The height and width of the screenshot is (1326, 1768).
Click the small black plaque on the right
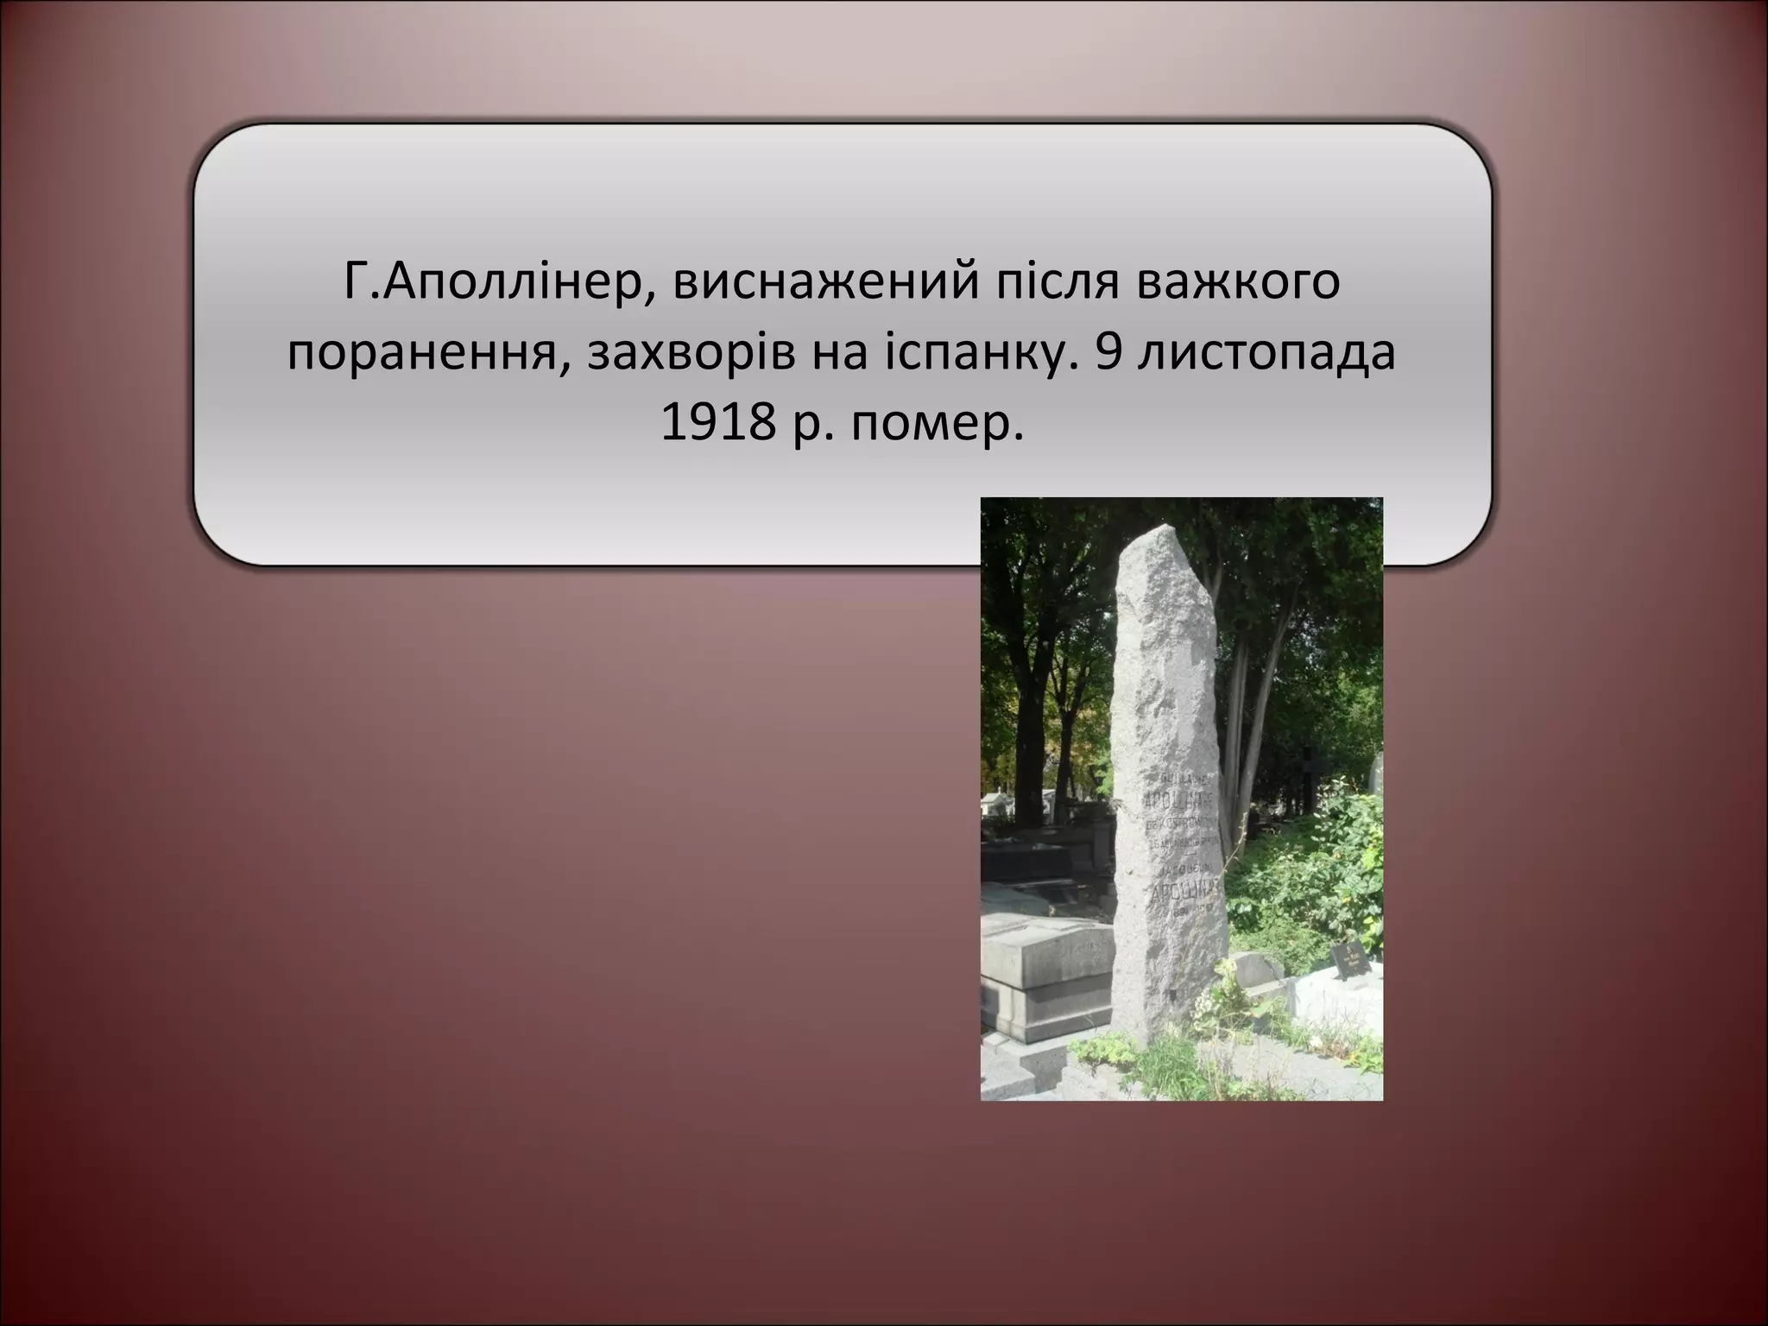pyautogui.click(x=1348, y=954)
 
